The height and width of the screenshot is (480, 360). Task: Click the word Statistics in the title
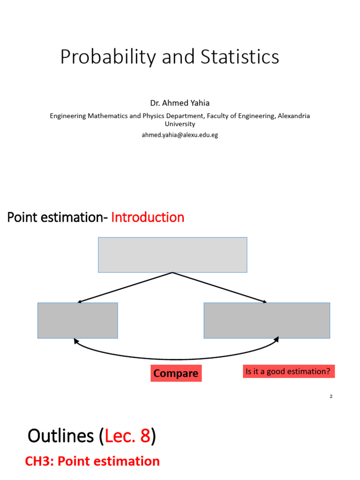(x=240, y=57)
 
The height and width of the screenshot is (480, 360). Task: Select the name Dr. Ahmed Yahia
(x=180, y=103)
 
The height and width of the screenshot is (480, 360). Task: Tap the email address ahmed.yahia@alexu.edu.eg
(x=180, y=135)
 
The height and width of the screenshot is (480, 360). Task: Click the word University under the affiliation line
(x=180, y=124)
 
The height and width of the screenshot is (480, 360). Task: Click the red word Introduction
(x=148, y=217)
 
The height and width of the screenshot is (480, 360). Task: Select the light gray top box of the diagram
(x=172, y=255)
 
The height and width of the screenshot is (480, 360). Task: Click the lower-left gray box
(x=78, y=320)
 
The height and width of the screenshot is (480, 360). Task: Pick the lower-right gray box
(x=267, y=320)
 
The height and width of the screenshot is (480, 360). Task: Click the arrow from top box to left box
(x=125, y=287)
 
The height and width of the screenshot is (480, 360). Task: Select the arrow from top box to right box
(x=220, y=287)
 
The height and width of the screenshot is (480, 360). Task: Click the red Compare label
(x=176, y=374)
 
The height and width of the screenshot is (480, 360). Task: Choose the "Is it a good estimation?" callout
(x=289, y=372)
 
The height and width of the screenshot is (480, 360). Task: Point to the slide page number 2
(x=331, y=397)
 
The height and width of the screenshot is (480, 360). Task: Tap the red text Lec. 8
(x=128, y=436)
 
